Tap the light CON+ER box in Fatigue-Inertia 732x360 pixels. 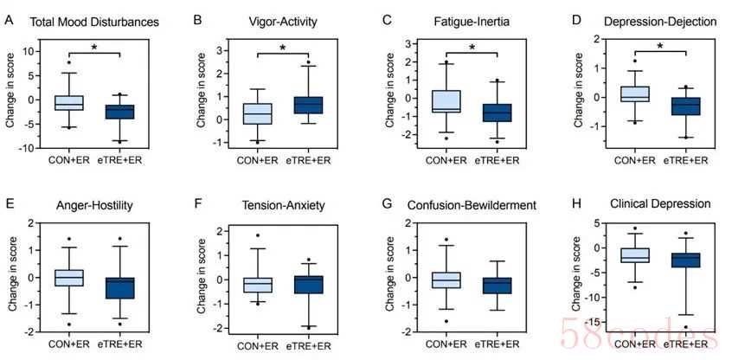[446, 101]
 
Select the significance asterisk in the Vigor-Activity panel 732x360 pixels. [281, 48]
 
